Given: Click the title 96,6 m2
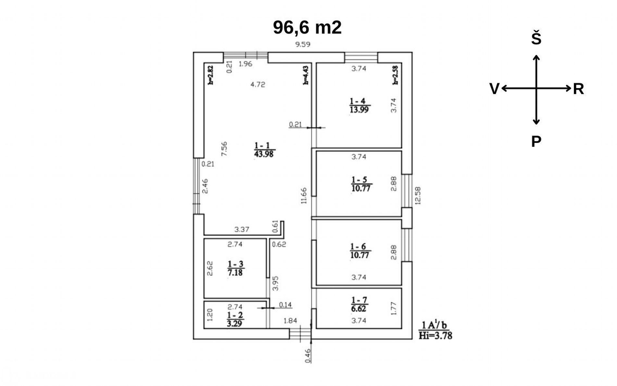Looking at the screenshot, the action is click(307, 27).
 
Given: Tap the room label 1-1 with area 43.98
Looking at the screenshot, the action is click(264, 150).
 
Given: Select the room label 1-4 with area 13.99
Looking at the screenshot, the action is click(359, 105).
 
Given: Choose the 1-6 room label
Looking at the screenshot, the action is click(360, 251).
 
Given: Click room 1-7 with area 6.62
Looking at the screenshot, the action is click(359, 304).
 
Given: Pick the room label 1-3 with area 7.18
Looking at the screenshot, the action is click(235, 268).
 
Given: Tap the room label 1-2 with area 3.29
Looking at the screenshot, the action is click(235, 319).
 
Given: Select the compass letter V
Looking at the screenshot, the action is click(494, 89).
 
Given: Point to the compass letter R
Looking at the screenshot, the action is click(578, 89).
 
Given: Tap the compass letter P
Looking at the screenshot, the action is click(536, 141).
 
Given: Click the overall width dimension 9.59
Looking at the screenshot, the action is click(303, 44).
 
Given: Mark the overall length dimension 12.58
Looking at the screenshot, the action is click(418, 196).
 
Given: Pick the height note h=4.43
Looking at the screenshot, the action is click(306, 75).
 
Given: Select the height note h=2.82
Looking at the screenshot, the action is click(210, 75).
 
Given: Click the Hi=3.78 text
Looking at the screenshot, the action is click(435, 335).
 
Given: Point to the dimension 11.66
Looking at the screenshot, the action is click(304, 196).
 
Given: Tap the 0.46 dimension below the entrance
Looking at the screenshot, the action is click(308, 356).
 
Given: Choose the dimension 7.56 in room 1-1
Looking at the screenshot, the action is click(224, 149).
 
